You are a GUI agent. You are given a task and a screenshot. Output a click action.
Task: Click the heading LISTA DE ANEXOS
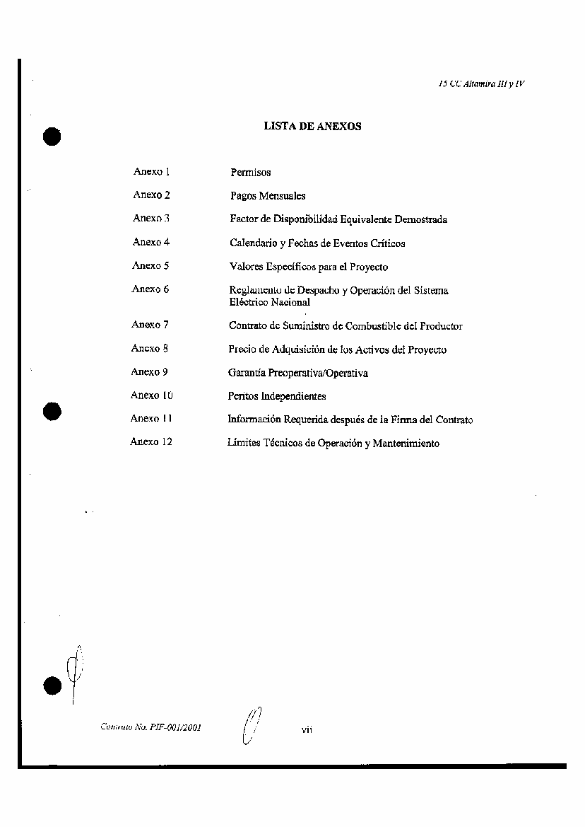[x=312, y=127]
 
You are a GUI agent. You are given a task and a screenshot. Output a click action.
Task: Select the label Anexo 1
[x=151, y=172]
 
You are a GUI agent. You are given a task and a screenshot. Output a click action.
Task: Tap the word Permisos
[x=250, y=173]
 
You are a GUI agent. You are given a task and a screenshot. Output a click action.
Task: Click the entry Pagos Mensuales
[x=268, y=196]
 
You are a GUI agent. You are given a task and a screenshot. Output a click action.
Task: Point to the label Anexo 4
[x=150, y=242]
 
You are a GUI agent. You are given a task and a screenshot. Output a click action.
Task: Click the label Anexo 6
[x=150, y=289]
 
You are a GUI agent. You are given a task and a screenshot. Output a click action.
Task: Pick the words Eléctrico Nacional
[x=269, y=302]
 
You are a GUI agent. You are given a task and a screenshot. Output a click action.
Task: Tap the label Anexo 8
[x=149, y=348]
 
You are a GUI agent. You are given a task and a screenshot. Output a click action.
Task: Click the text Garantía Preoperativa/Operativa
[x=297, y=373]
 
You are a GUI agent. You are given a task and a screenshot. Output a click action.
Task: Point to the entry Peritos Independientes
[x=276, y=396]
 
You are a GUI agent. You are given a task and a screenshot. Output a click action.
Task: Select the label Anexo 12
[x=150, y=442]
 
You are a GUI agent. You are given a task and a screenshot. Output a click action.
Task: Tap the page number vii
[x=307, y=729]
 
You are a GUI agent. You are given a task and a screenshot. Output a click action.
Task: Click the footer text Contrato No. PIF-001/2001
[x=150, y=727]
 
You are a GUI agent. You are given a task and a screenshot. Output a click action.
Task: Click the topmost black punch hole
[x=52, y=136]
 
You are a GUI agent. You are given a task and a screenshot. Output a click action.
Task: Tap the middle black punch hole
[x=52, y=410]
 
